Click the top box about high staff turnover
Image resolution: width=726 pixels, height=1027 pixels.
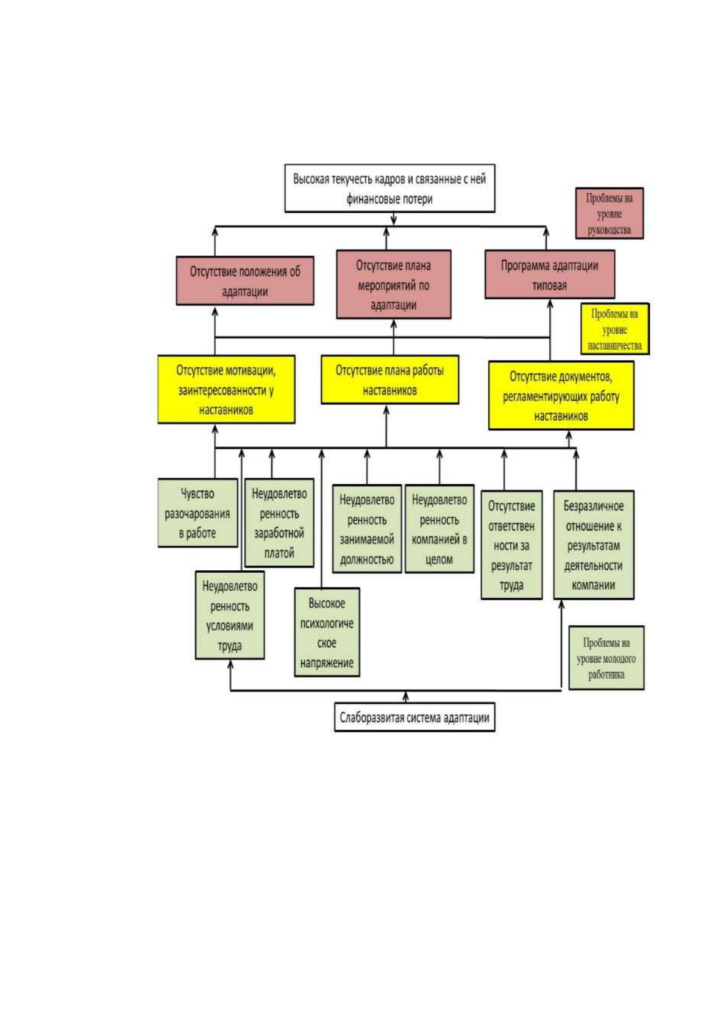pyautogui.click(x=390, y=188)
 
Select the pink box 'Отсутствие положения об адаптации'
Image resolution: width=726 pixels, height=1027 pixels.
pyautogui.click(x=245, y=281)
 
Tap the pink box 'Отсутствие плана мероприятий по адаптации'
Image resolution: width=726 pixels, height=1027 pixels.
pyautogui.click(x=394, y=284)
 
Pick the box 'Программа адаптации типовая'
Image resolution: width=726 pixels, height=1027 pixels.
pyautogui.click(x=550, y=274)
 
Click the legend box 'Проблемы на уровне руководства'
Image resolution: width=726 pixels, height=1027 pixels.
pyautogui.click(x=610, y=213)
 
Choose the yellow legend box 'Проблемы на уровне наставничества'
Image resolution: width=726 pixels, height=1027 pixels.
pyautogui.click(x=615, y=329)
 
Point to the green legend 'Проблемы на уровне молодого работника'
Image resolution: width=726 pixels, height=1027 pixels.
pyautogui.click(x=607, y=658)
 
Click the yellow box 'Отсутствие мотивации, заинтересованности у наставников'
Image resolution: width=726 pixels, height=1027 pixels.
pyautogui.click(x=226, y=389)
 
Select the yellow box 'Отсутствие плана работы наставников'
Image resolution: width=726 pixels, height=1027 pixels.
pyautogui.click(x=390, y=379)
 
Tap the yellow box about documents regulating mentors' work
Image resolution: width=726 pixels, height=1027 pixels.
pyautogui.click(x=561, y=396)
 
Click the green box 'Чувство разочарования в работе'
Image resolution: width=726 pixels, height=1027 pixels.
pyautogui.click(x=198, y=513)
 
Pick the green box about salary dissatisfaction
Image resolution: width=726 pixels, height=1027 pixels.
pyautogui.click(x=280, y=523)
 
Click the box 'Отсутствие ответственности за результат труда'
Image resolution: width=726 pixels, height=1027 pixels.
pyautogui.click(x=511, y=545)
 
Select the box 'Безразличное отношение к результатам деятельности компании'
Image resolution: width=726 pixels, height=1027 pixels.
pyautogui.click(x=594, y=545)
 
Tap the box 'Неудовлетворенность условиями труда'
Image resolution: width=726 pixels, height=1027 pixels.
pyautogui.click(x=230, y=615)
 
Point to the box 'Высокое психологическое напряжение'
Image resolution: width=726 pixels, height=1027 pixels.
pyautogui.click(x=327, y=632)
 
